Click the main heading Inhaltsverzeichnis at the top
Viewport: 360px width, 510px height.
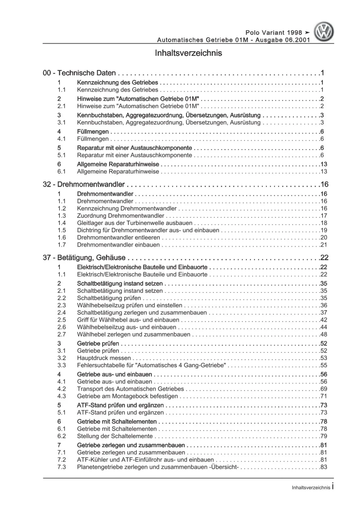(x=188, y=53)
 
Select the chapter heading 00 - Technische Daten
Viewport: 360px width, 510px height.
(x=79, y=73)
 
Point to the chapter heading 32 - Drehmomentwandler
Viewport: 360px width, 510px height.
(x=84, y=184)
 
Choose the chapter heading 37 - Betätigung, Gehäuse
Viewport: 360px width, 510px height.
(x=84, y=258)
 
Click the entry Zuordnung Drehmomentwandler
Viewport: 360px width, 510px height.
(x=120, y=216)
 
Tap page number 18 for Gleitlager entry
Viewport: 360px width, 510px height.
(x=324, y=223)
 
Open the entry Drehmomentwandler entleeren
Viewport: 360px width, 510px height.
(x=118, y=237)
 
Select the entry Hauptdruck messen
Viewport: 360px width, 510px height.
(x=104, y=358)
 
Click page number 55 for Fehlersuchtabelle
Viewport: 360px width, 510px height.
(x=324, y=365)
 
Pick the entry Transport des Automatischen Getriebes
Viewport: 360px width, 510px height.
(x=130, y=389)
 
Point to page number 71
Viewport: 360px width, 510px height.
(x=324, y=396)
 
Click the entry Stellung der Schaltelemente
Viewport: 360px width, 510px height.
(x=115, y=436)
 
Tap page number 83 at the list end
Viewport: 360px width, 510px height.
(x=324, y=467)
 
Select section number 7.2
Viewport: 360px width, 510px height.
(x=62, y=460)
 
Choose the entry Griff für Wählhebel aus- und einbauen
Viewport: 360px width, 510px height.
(x=128, y=320)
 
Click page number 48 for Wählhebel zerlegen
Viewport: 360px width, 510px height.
(x=324, y=334)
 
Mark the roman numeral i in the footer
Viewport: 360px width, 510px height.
(x=332, y=487)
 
